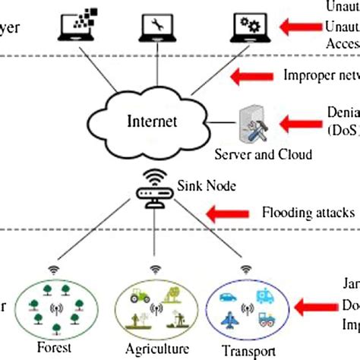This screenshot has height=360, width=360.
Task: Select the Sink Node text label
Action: (200, 184)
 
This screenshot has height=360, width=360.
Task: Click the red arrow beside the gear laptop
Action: (298, 27)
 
